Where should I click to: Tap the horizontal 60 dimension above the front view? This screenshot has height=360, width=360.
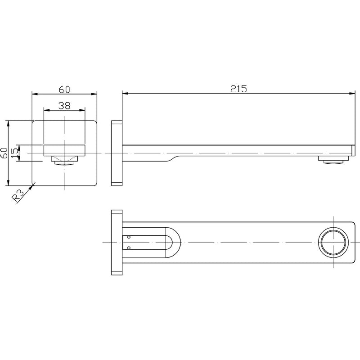tap(64, 89)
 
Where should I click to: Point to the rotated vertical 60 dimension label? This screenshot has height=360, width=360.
tap(4, 153)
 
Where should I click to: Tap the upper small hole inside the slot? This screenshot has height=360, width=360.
tap(129, 237)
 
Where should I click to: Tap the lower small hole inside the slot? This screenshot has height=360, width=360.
tap(129, 247)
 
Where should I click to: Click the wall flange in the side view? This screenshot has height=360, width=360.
tap(117, 153)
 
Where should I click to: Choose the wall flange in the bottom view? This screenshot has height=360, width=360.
tap(117, 243)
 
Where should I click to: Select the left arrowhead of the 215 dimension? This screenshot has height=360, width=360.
tap(126, 94)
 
